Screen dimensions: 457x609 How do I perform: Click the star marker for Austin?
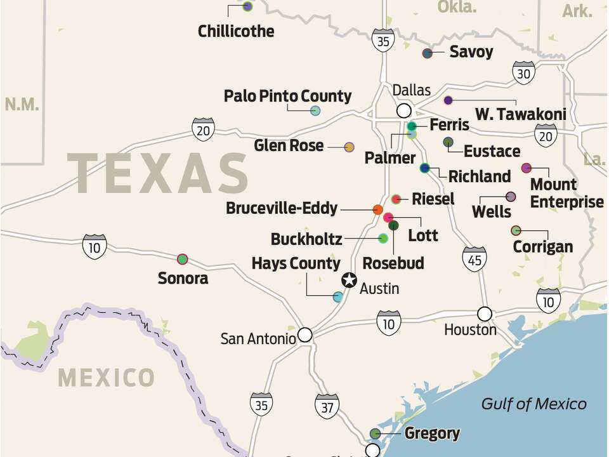click(349, 280)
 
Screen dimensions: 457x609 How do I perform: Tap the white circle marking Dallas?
click(403, 111)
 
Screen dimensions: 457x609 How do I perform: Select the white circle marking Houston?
click(485, 314)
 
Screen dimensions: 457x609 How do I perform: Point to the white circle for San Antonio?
click(305, 334)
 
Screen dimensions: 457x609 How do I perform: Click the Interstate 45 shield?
click(474, 259)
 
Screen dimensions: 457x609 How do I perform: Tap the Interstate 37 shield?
click(327, 406)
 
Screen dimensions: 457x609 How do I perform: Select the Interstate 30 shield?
click(524, 74)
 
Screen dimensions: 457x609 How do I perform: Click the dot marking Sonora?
click(183, 258)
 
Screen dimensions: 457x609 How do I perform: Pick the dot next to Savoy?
click(428, 53)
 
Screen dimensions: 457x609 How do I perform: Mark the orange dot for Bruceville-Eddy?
click(377, 209)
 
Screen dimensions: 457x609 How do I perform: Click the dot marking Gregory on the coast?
click(376, 434)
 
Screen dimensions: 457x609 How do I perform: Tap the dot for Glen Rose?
click(349, 147)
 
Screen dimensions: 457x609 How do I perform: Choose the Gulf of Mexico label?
click(534, 404)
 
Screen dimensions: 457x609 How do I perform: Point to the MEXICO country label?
click(106, 378)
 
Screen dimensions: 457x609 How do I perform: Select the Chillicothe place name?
click(236, 31)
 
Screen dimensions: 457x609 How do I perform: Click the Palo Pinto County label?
click(287, 96)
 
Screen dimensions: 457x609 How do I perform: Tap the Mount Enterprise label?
click(566, 193)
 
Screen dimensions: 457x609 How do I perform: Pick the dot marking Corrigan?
click(516, 230)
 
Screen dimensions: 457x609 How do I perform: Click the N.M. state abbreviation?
click(22, 105)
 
